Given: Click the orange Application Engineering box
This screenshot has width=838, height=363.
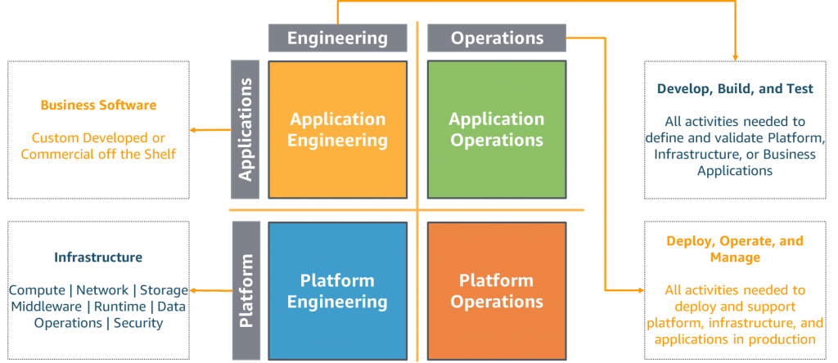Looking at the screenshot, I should [x=338, y=129].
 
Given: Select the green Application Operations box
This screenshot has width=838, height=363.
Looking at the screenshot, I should [x=496, y=129].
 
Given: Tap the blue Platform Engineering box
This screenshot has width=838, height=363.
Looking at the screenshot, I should [x=338, y=291].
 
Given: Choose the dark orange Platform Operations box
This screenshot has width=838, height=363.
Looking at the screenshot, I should [x=496, y=291].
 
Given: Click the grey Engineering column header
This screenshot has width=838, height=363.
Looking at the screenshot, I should [x=337, y=38].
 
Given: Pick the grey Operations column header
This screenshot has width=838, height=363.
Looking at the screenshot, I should [x=497, y=38].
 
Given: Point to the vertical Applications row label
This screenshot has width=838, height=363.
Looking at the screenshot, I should [x=246, y=129].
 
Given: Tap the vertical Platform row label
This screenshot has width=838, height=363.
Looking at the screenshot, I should [x=246, y=291].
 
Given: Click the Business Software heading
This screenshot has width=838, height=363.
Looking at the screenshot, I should [x=98, y=105].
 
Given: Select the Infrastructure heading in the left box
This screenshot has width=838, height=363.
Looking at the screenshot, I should [x=98, y=258].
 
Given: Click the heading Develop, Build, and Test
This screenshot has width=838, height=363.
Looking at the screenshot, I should [x=735, y=88].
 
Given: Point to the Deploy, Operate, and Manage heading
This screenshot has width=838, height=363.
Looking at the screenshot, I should [x=735, y=249].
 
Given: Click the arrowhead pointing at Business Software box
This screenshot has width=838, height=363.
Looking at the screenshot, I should [x=193, y=129].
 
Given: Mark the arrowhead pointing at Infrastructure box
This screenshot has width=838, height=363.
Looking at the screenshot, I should [x=193, y=290].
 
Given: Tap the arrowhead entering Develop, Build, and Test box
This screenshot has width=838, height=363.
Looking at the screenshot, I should [x=735, y=57].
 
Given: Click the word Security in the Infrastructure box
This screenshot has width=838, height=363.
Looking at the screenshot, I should [x=138, y=323].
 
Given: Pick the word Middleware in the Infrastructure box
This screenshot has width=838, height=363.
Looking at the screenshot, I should [x=47, y=307].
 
